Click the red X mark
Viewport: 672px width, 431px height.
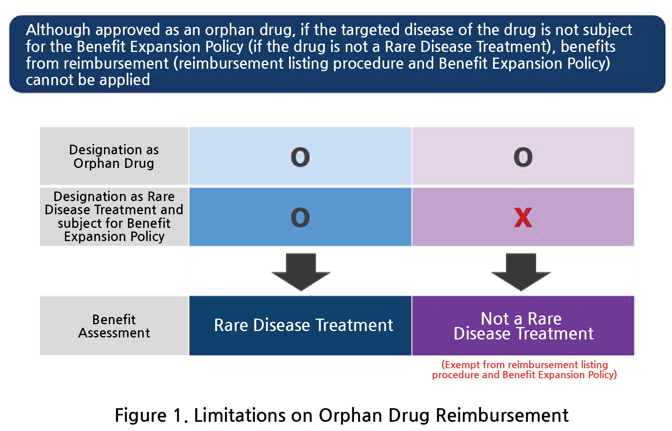coord(523,217)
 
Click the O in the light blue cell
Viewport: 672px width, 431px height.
coord(300,157)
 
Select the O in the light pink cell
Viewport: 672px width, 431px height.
coord(523,157)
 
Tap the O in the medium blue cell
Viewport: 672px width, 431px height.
coord(300,217)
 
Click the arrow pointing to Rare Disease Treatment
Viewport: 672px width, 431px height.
coord(301,272)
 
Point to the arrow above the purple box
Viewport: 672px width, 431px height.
coord(521,272)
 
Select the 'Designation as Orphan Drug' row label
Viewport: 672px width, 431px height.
coord(114,156)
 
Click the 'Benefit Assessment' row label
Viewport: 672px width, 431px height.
coord(114,326)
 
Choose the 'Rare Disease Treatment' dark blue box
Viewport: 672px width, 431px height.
coord(300,325)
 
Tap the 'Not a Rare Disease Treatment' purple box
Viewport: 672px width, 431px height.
coord(523,325)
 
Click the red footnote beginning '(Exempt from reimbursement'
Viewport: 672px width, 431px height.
coord(524,370)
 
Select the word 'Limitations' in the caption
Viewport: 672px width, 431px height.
coord(239,415)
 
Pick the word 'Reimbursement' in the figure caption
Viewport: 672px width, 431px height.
coord(502,415)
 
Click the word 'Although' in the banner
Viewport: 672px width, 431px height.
coord(58,30)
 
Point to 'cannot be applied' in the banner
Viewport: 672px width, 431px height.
coord(88,80)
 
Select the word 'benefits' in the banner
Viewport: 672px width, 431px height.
coord(588,47)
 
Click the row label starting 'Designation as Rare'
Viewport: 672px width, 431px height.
coord(114,217)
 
